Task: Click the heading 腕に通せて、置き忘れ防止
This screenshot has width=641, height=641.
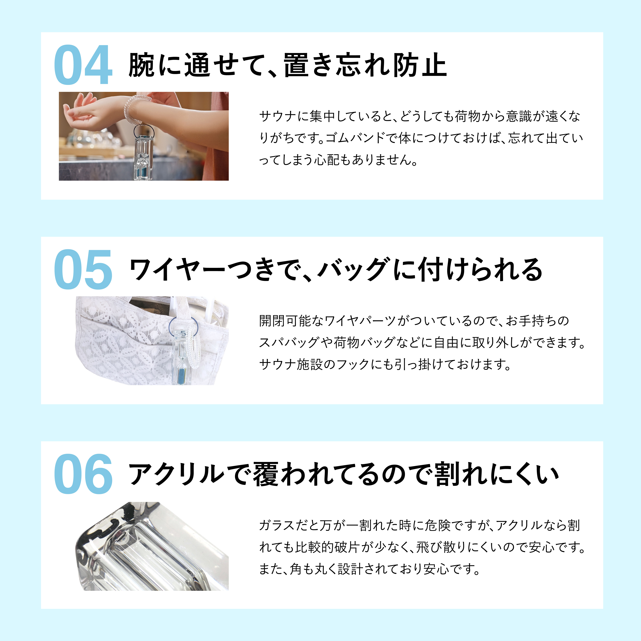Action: (287, 65)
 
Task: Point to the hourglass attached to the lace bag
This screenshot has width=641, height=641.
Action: (182, 357)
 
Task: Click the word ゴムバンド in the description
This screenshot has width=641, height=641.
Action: (357, 138)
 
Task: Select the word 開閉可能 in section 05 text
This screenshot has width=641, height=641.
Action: (285, 321)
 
